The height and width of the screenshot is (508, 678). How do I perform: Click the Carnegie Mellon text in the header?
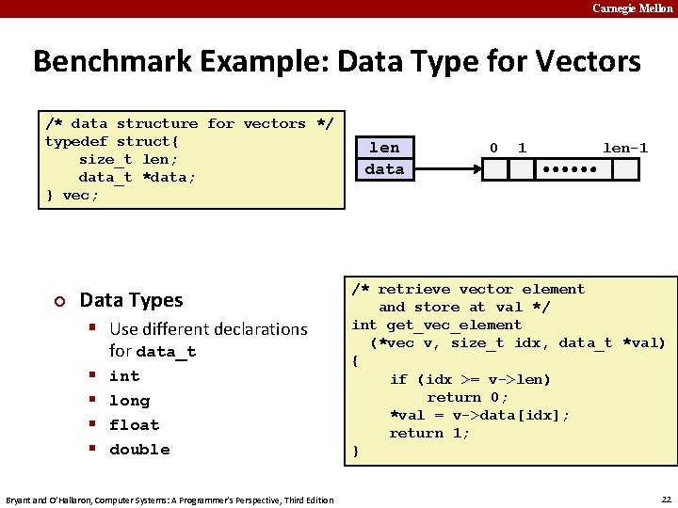[633, 8]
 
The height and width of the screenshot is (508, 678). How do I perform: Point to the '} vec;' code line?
[72, 195]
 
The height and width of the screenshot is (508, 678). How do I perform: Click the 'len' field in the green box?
[384, 148]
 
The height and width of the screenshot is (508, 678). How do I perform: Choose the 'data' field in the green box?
[384, 169]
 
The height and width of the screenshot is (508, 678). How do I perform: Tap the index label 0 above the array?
[494, 148]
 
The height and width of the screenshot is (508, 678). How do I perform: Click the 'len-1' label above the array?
[625, 148]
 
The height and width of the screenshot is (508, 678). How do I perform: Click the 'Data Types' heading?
[131, 300]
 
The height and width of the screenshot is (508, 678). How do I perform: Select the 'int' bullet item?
[124, 375]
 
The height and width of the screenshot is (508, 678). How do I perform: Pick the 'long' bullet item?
[129, 400]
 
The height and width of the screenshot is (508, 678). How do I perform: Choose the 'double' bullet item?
[139, 449]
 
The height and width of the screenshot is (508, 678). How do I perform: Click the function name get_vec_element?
[454, 325]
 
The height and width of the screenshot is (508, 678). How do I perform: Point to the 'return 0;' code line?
[467, 397]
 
